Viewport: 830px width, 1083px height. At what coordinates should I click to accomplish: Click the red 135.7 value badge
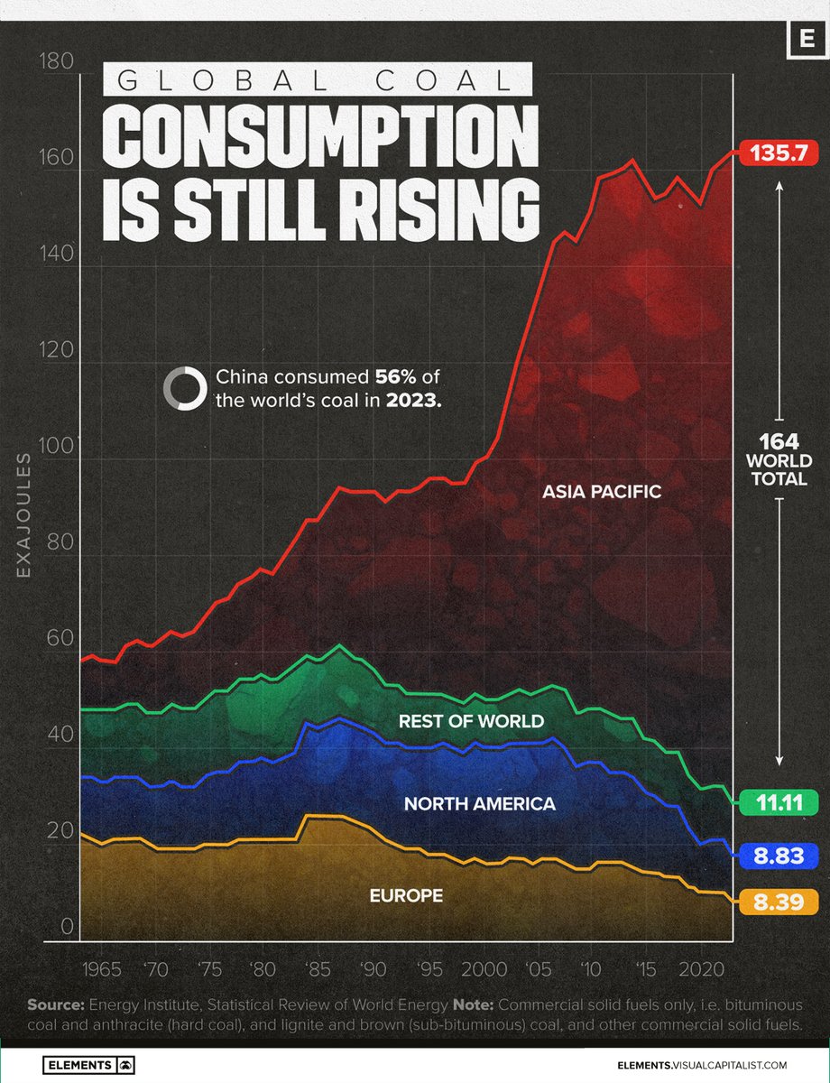[x=779, y=154]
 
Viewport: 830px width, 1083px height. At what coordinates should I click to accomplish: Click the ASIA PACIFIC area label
[x=602, y=492]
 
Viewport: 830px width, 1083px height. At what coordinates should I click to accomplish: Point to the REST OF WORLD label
[x=472, y=721]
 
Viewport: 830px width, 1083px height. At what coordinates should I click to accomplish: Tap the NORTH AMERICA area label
[x=479, y=803]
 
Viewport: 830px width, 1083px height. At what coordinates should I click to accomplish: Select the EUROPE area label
[x=406, y=895]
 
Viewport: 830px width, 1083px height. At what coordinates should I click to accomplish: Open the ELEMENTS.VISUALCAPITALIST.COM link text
[x=697, y=1064]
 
